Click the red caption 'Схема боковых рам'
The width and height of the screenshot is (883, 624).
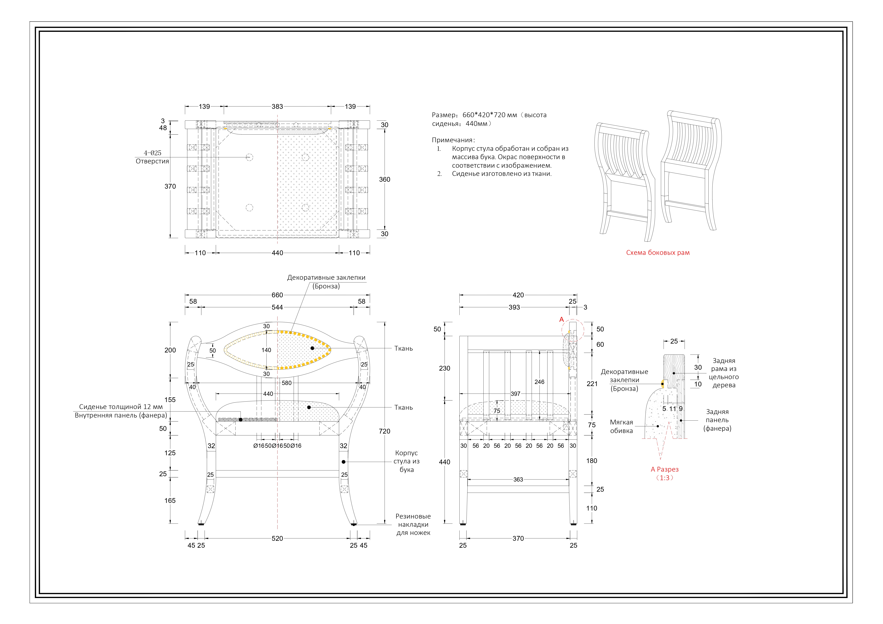[658, 253]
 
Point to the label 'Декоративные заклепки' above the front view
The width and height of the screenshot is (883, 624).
[326, 278]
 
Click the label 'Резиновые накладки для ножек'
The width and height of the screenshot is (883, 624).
[413, 524]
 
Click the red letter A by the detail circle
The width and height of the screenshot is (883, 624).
[562, 320]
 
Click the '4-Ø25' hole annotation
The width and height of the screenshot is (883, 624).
[153, 153]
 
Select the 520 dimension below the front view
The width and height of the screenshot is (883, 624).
[277, 538]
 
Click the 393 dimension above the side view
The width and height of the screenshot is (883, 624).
[514, 307]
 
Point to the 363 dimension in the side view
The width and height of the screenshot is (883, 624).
[518, 479]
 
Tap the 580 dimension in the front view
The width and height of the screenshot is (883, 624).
[286, 383]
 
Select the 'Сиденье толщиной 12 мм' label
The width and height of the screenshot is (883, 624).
[121, 407]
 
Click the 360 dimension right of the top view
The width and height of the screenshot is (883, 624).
[385, 180]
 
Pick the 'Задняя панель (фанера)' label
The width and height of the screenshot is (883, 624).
[717, 420]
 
